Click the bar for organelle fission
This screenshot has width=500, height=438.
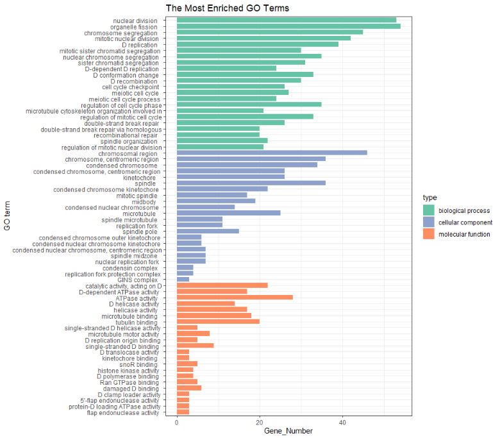[288, 26]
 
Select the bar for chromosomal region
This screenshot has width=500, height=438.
[272, 153]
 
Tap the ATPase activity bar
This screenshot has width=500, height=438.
[235, 298]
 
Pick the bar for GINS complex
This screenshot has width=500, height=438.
[183, 280]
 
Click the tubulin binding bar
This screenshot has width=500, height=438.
[218, 322]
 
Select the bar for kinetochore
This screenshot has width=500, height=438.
[230, 178]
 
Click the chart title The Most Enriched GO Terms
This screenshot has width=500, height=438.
[227, 8]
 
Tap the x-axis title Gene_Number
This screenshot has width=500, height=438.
[288, 431]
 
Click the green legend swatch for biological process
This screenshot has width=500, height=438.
[428, 210]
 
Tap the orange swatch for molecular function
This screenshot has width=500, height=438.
[428, 235]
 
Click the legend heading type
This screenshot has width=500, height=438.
[429, 198]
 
